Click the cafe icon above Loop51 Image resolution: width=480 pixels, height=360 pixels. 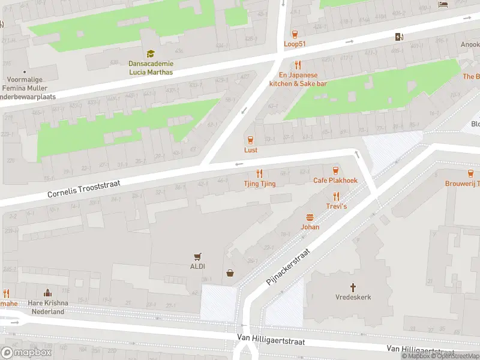point(295,34)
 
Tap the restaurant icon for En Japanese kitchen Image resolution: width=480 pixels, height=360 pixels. point(297,65)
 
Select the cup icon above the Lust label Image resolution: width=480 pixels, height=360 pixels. point(251,140)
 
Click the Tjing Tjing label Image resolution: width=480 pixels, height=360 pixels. point(260,184)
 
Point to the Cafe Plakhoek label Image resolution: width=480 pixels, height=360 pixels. point(335,181)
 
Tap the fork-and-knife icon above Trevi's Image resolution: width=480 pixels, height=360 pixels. point(336,196)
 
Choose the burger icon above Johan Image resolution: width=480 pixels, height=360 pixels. point(310,217)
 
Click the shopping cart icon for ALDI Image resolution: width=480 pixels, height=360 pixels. point(197,256)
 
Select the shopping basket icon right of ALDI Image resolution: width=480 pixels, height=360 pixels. point(230,274)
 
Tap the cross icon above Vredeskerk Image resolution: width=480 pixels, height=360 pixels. point(353,287)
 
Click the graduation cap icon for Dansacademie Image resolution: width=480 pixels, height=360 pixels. point(150,54)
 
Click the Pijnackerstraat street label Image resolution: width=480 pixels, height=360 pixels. point(290,268)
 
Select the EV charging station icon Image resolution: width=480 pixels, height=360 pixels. point(400,37)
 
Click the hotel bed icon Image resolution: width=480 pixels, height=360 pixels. point(443,4)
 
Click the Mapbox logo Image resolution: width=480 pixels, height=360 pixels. point(26,353)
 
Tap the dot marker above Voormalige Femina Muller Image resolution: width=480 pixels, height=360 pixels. point(24,71)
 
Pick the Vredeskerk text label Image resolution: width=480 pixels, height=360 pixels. point(353,298)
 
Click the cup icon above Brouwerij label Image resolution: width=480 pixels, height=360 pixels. point(453,173)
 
